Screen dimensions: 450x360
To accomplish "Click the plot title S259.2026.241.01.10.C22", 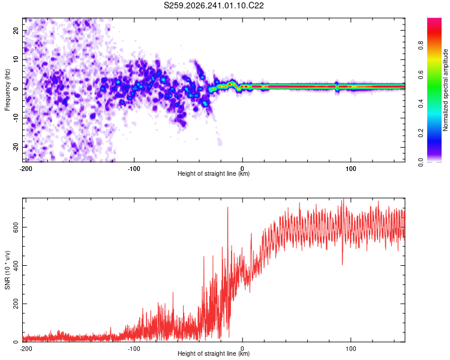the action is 214,5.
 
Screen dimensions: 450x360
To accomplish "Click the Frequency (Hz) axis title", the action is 7,90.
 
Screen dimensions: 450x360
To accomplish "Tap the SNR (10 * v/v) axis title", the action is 7,270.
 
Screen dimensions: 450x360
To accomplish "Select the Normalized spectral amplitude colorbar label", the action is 445,90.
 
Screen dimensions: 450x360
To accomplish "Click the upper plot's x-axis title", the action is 214,173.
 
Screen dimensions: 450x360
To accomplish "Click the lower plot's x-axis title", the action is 214,353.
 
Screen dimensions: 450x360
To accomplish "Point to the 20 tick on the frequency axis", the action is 16,30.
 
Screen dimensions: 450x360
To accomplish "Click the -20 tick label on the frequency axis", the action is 16,147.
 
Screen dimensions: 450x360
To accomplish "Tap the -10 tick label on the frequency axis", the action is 16,118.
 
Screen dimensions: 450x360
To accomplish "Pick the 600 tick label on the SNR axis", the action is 16,227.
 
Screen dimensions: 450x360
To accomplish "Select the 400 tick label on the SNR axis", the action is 16,265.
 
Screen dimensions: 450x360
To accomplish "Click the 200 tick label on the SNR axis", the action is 16,304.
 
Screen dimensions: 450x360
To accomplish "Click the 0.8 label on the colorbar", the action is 421,45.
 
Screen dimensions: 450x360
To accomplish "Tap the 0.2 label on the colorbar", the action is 421,133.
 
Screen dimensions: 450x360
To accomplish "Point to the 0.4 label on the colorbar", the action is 421,103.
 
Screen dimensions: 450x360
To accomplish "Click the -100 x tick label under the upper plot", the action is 134,169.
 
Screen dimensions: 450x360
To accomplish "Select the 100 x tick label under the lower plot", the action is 351,349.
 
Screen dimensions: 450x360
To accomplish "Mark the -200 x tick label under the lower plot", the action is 26,349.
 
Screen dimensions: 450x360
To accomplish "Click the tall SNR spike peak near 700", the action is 228,207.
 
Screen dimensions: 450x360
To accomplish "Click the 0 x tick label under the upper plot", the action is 242,169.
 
